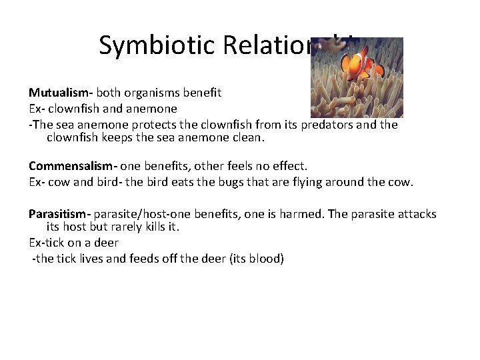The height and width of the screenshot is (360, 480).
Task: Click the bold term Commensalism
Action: pyautogui.click(x=70, y=165)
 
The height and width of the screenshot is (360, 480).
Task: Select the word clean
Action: pyautogui.click(x=247, y=138)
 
